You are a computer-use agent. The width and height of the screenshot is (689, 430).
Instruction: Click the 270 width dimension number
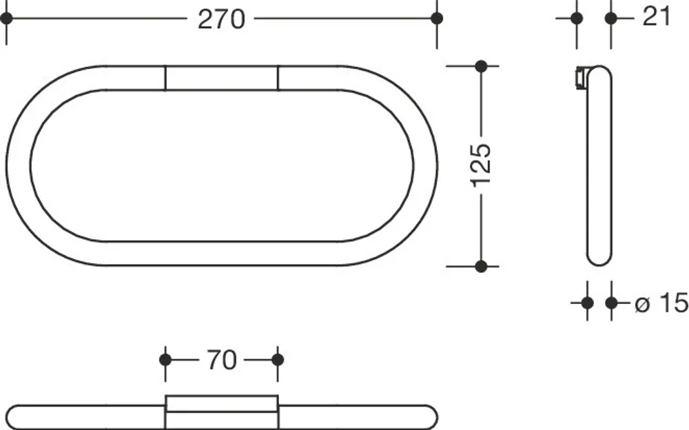221,19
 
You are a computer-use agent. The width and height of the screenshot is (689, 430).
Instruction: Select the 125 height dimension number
481,165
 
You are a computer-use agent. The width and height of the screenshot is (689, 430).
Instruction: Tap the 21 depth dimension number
657,17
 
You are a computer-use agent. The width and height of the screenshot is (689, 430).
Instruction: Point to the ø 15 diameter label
661,303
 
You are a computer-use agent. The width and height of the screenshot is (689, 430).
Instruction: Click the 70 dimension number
221,360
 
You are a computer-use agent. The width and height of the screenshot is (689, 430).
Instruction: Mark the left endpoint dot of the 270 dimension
6,19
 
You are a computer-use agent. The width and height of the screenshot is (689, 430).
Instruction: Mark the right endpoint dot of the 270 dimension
437,19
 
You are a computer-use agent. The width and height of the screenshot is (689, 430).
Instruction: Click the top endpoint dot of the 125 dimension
481,66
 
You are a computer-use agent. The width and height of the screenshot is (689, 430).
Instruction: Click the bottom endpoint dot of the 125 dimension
481,266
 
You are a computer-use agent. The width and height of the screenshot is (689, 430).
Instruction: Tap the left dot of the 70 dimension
165,360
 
